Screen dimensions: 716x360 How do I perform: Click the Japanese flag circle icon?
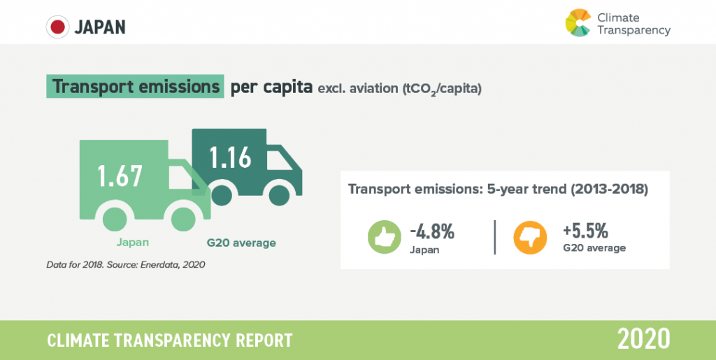[x=57, y=27]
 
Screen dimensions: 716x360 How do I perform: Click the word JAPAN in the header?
[x=100, y=28]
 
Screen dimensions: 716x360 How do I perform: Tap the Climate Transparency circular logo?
[x=578, y=22]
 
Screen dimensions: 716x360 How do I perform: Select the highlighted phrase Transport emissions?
[x=136, y=86]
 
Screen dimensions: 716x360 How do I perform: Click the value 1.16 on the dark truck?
[x=231, y=157]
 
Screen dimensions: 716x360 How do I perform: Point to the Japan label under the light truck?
[x=132, y=243]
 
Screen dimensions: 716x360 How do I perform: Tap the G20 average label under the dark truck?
[x=241, y=243]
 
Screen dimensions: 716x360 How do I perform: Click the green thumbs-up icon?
[x=385, y=237]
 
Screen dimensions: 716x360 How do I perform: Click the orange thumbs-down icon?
[x=530, y=237]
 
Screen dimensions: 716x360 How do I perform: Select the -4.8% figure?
[x=432, y=232]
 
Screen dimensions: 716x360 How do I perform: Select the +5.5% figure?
[x=585, y=231]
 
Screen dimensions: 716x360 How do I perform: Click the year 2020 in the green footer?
[x=643, y=340]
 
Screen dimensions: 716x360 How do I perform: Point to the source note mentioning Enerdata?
[x=126, y=264]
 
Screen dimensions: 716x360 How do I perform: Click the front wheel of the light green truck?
[x=183, y=219]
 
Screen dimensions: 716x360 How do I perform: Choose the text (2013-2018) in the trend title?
[x=606, y=189]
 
